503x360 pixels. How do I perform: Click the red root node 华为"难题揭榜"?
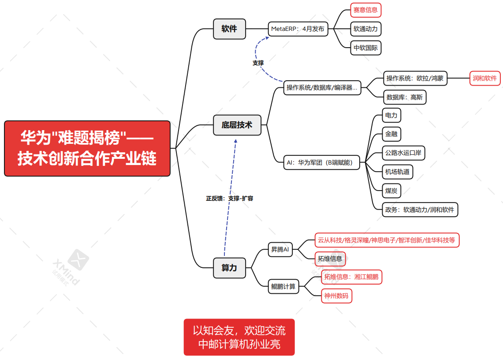pos(87,148)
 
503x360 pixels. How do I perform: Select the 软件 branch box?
pos(229,29)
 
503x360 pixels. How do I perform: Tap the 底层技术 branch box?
pos(237,125)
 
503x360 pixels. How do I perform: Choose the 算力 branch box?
pos(229,268)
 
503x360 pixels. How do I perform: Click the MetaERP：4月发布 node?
pos(298,29)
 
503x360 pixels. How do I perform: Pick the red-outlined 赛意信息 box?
pos(366,10)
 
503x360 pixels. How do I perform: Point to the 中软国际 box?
pos(366,48)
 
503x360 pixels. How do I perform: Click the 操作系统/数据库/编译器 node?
pos(322,87)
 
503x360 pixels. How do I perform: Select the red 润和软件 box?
pos(485,79)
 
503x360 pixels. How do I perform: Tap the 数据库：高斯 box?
pos(405,97)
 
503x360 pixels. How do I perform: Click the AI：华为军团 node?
pos(321,162)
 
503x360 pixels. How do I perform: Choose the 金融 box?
pos(391,134)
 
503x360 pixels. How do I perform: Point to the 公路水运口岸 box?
pos(403,153)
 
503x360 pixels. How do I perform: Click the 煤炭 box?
pos(391,191)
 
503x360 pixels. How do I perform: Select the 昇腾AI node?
pos(280,249)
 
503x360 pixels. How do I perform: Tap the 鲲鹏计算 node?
pos(283,286)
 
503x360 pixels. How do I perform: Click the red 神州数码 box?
pos(336,296)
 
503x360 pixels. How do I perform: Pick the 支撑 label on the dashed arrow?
pos(258,63)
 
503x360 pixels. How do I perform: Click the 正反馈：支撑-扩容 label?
pos(230,199)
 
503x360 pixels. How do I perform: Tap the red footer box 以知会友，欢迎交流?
pos(239,337)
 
